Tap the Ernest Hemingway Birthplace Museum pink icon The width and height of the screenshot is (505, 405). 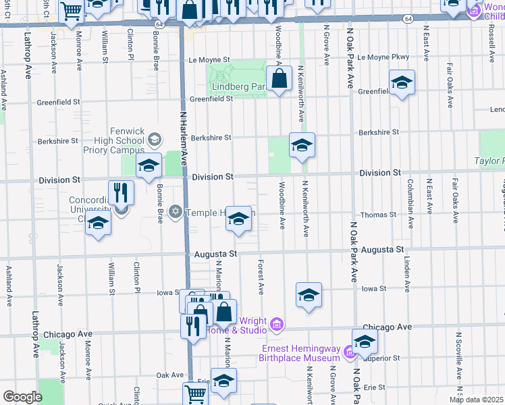tap(348, 352)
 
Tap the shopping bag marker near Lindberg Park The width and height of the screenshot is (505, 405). tap(279, 79)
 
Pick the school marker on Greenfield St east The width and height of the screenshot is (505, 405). tap(402, 83)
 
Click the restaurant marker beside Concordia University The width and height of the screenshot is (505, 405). tap(121, 192)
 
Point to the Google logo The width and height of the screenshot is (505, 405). tap(22, 397)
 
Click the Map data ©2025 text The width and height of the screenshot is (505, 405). tap(475, 400)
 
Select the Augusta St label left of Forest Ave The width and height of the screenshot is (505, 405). tap(215, 254)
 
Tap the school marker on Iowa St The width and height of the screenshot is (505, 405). tap(309, 294)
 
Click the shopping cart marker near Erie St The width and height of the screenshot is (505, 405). tap(195, 393)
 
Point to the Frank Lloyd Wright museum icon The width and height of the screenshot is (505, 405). tap(276, 325)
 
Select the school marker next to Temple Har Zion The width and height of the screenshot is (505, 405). tap(238, 219)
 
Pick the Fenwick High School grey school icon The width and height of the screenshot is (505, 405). tap(154, 140)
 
